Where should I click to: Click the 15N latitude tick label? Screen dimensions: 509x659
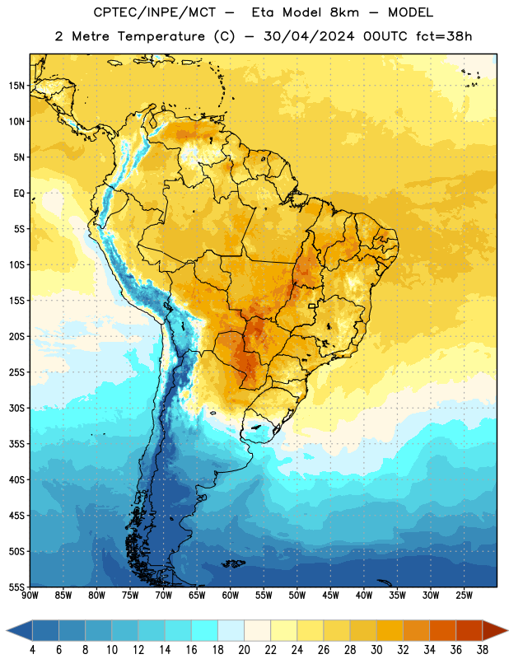[x=16, y=86]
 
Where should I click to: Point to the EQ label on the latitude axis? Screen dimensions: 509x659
[x=19, y=194]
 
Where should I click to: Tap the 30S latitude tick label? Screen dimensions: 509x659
[x=16, y=408]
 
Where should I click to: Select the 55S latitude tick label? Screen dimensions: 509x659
[x=16, y=587]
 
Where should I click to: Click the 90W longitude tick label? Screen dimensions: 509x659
[x=30, y=596]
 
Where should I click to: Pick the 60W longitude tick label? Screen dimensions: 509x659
[x=231, y=596]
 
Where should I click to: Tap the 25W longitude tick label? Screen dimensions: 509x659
[x=464, y=596]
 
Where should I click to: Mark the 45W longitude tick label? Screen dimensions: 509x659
[x=330, y=596]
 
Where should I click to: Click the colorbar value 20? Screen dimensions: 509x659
[x=244, y=650]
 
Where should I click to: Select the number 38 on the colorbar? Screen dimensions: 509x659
[x=483, y=650]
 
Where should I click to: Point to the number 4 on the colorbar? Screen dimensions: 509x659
[x=32, y=650]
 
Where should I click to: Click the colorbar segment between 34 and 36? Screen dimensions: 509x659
[x=442, y=630]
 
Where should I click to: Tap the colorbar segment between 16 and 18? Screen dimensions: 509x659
[x=204, y=630]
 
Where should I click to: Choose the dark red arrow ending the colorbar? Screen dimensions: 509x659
[x=495, y=630]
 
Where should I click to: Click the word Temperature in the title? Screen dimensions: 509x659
[x=161, y=36]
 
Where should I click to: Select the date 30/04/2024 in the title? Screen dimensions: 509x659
[x=309, y=36]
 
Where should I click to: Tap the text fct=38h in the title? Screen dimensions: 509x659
[x=444, y=36]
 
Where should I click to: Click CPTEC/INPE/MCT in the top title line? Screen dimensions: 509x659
[x=154, y=12]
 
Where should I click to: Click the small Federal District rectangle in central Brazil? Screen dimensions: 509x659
[x=312, y=306]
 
